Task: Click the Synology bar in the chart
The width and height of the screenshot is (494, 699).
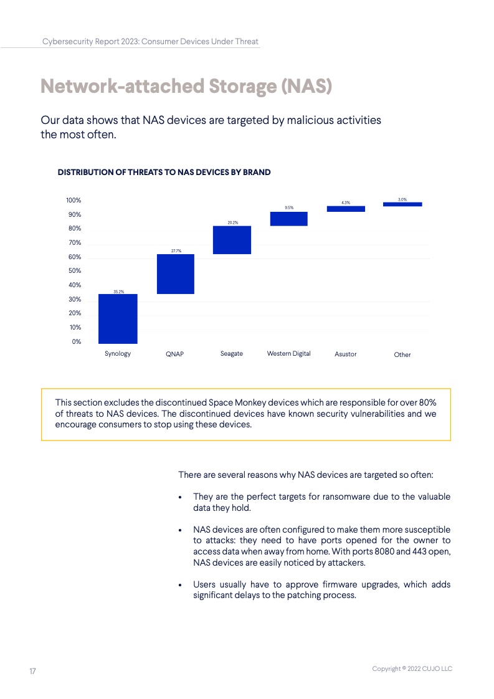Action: point(118,318)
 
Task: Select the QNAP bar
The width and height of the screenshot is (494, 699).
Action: point(175,274)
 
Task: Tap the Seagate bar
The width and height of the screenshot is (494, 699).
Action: point(232,240)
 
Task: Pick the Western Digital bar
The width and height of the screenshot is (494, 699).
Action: point(288,219)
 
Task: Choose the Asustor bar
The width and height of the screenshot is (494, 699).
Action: point(346,209)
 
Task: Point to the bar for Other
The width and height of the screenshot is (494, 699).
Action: point(402,204)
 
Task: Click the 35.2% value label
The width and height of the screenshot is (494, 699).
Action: point(118,291)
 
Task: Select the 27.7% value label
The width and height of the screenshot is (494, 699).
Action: point(175,251)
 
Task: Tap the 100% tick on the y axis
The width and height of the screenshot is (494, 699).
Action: point(74,201)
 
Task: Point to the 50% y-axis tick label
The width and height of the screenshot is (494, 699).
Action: point(75,271)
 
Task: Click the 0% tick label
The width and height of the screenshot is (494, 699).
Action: point(76,341)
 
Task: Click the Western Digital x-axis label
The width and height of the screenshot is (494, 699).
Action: point(288,354)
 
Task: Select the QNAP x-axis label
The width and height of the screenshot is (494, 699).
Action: point(175,354)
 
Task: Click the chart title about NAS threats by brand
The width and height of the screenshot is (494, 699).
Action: point(164,172)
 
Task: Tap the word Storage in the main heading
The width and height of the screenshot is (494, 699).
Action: point(239,86)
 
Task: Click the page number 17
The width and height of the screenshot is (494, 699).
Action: point(32,671)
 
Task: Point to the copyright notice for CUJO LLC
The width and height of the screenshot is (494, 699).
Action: point(412,668)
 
